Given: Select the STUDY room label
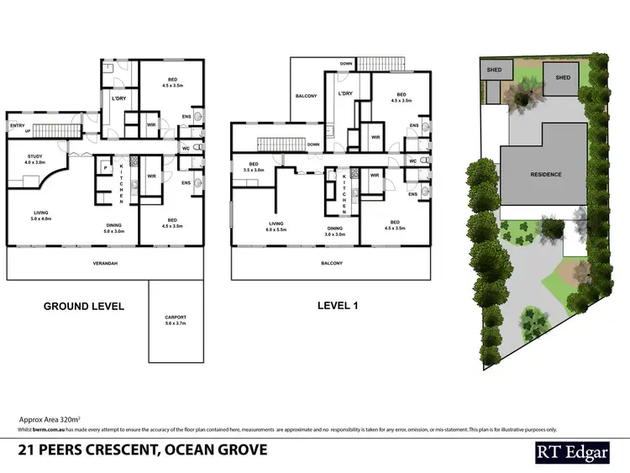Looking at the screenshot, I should [x=34, y=158].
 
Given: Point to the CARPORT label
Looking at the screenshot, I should [x=176, y=319].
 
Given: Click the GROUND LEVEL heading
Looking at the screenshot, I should [x=84, y=306].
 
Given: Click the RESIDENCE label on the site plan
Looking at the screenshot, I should [x=545, y=175].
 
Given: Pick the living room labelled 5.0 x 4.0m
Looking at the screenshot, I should [x=42, y=216].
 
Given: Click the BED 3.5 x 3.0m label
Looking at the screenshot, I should [x=253, y=166].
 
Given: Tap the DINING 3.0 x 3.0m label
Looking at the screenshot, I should [x=335, y=231].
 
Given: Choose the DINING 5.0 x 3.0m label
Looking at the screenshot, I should [x=117, y=227].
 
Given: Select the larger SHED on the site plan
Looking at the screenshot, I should [x=562, y=77].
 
